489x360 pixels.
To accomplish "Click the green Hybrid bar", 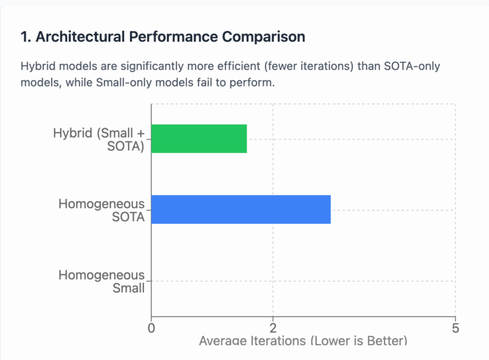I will tap(199, 139).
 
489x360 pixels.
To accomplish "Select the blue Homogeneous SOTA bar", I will tap(241, 210).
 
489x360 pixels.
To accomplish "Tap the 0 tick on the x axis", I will tap(152, 328).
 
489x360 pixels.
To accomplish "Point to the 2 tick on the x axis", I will tap(273, 328).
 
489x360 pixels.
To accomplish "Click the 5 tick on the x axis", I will tap(455, 328).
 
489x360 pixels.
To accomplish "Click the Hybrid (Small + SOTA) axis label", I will tap(99, 140).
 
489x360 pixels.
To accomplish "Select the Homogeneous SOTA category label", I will tap(102, 210).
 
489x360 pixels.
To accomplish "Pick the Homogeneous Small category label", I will tap(102, 281).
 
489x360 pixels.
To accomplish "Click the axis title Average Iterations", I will tap(302, 341).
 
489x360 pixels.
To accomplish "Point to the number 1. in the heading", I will tap(26, 37).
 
